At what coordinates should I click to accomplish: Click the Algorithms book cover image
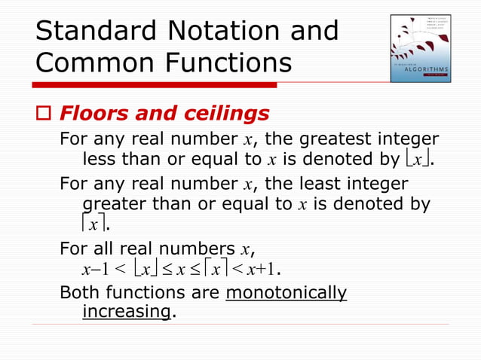pos(420,48)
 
